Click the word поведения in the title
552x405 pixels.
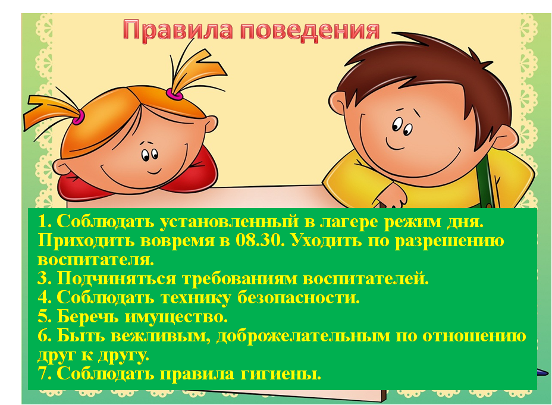(310, 31)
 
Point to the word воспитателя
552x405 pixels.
(96, 260)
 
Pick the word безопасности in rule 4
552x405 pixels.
(298, 298)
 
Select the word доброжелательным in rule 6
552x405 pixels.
(303, 337)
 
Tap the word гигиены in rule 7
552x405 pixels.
(281, 373)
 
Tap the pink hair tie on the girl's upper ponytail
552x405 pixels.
(175, 94)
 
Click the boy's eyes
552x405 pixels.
(402, 127)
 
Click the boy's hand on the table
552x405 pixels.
(391, 197)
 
